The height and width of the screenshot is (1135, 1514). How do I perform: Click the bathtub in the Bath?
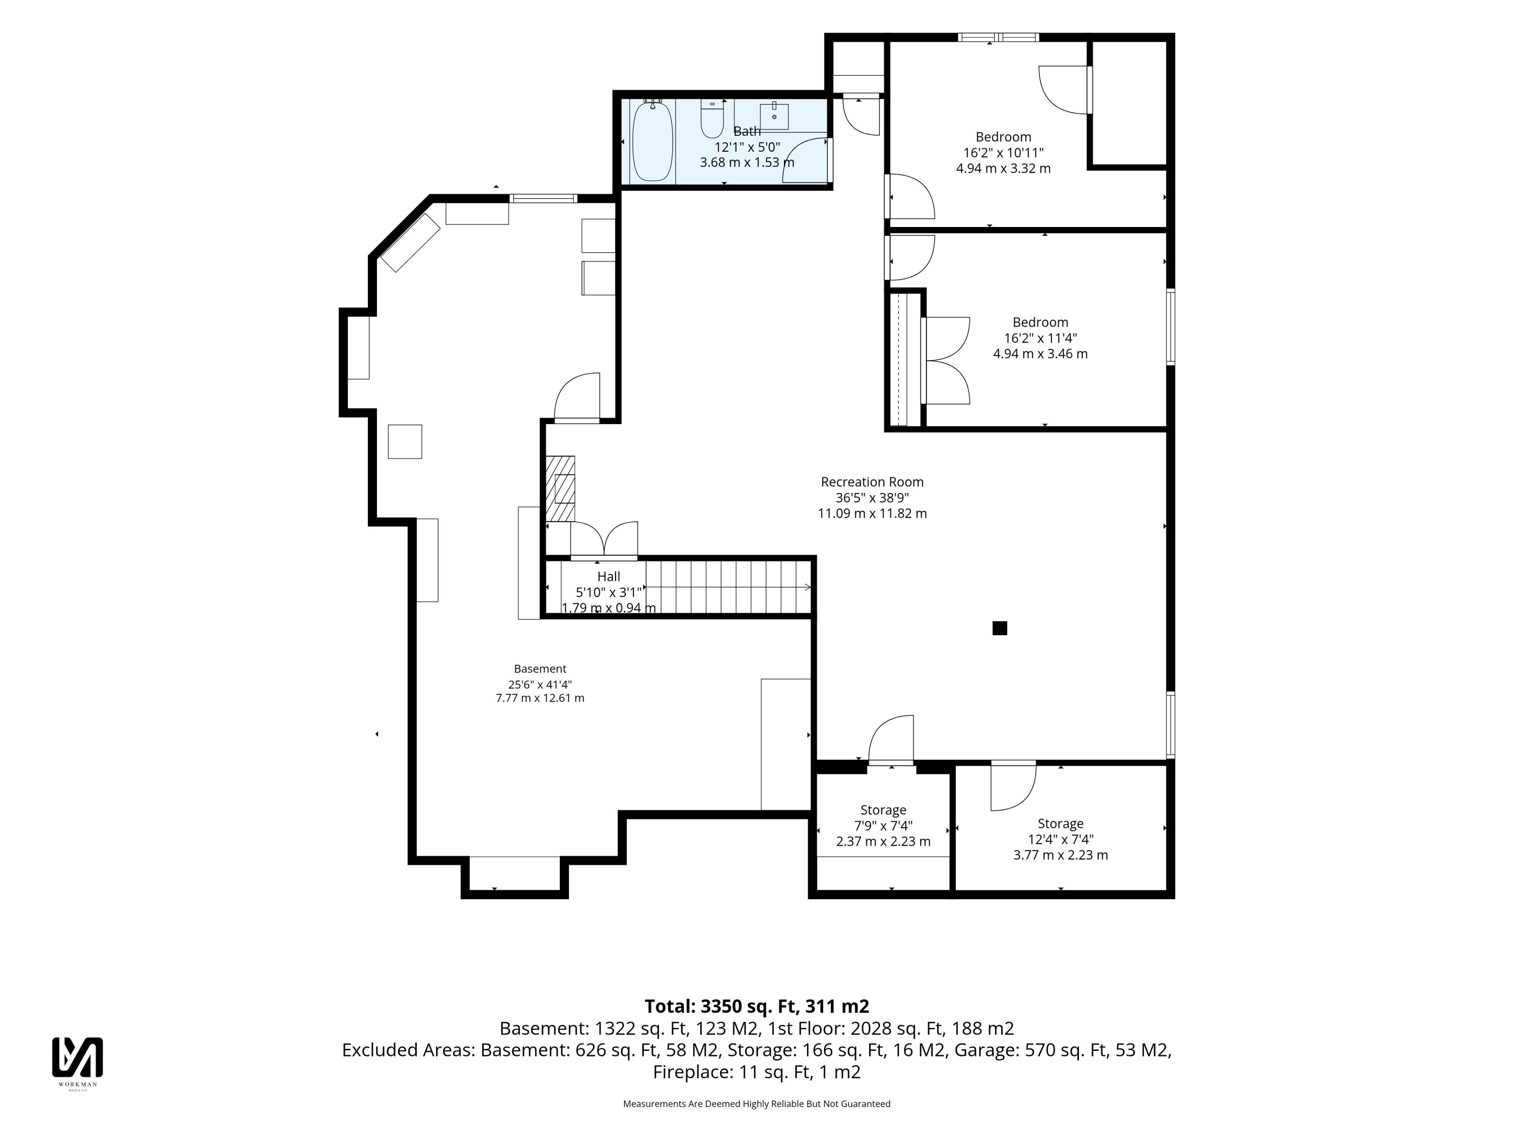point(652,141)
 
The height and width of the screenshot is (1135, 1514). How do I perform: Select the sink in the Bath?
point(774,116)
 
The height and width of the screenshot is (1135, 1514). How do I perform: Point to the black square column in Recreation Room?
point(999,628)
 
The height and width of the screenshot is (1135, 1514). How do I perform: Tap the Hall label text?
point(608,577)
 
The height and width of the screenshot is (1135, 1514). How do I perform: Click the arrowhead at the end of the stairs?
point(808,587)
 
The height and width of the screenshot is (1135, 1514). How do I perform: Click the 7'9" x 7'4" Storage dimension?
point(883,826)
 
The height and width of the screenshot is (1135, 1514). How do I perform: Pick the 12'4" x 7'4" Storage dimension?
point(1060,839)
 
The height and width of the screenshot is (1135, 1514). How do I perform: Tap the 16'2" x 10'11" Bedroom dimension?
point(1003,153)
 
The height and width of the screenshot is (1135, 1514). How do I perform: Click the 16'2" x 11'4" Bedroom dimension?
point(1040,338)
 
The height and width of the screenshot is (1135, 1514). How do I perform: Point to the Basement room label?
point(540,669)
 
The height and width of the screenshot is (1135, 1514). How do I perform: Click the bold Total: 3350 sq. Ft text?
point(722,1007)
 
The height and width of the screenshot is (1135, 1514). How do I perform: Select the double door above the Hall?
point(604,539)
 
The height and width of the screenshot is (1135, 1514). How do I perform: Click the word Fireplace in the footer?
point(693,1072)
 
